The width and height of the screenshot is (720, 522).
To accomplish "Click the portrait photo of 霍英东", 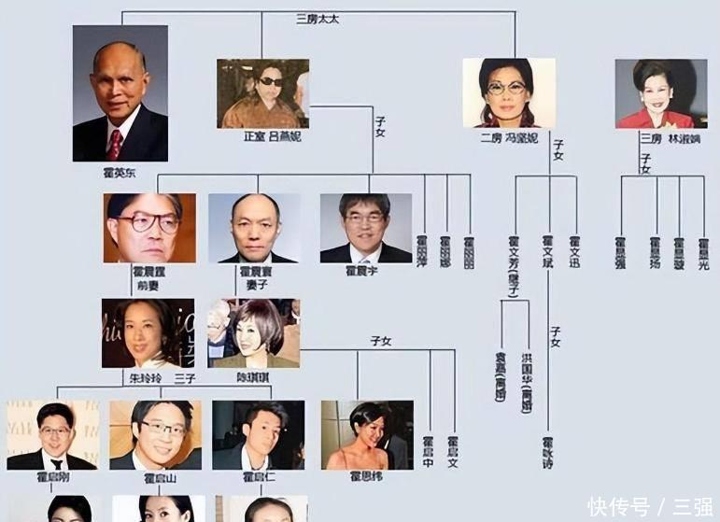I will [x=120, y=92].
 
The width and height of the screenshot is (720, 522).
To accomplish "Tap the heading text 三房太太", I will [x=318, y=19].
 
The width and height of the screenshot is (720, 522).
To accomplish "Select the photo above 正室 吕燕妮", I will [x=262, y=93].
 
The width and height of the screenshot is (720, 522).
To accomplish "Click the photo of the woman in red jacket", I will [x=660, y=93].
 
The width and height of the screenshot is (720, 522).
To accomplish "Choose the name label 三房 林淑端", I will [x=670, y=138].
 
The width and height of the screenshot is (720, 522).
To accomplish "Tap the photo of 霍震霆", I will [x=149, y=228].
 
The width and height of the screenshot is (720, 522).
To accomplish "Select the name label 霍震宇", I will [x=364, y=271].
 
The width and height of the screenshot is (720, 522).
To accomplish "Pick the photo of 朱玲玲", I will [x=148, y=332].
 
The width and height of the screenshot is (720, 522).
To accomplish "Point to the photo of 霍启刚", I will [x=52, y=434].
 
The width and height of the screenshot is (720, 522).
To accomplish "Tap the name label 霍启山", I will [x=155, y=477].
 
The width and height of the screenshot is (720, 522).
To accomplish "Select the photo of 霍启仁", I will [x=258, y=434].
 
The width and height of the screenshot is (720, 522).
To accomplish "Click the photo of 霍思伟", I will [x=367, y=434].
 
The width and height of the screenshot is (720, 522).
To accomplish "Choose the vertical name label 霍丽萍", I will [x=422, y=253].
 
